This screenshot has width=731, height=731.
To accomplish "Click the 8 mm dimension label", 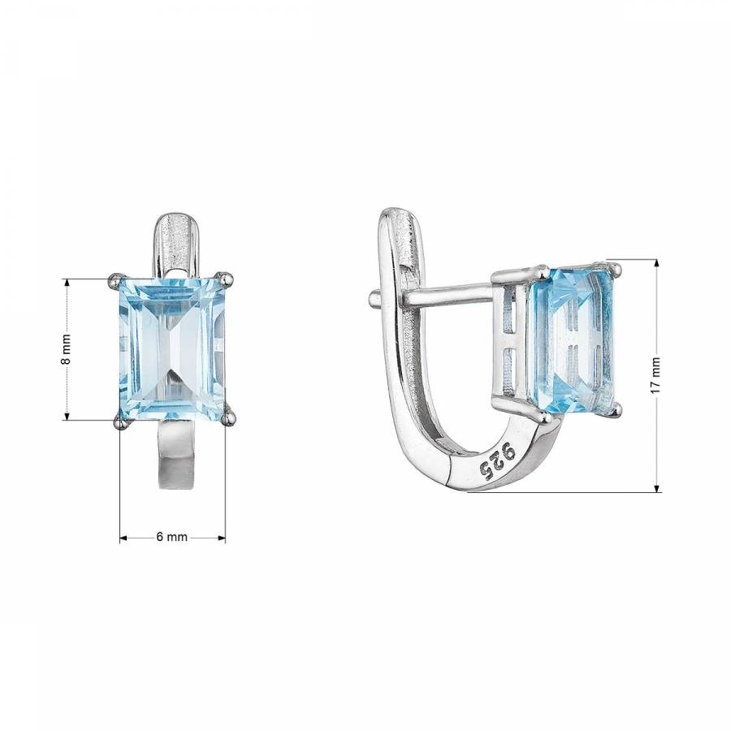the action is point(67,349).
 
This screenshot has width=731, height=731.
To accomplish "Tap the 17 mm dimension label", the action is point(655,374).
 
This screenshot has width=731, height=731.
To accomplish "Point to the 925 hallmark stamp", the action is point(498,461).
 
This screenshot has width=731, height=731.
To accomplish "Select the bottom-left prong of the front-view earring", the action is point(121,422).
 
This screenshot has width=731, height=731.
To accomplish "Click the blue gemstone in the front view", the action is point(172,349).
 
